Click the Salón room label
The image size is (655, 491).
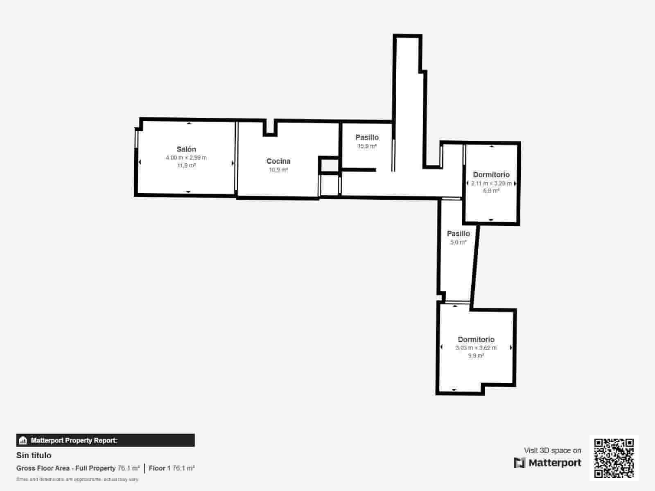186,149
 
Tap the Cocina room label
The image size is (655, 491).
278,161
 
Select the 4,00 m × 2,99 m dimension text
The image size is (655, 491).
186,158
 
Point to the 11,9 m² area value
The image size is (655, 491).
186,165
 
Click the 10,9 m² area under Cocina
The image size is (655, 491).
278,170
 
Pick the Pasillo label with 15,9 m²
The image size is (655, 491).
367,137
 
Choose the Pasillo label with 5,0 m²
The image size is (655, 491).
458,234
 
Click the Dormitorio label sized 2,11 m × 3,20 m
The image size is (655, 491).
491,175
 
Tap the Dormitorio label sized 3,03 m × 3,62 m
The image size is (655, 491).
476,340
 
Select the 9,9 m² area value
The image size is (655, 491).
476,356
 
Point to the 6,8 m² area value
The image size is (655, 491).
491,191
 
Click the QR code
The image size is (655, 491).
614,458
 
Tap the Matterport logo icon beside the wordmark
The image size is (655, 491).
519,463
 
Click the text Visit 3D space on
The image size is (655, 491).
552,450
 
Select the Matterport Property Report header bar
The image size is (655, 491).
105,440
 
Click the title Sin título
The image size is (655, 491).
34,455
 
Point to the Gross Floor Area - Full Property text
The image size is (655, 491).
66,468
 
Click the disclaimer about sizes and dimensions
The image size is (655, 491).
77,479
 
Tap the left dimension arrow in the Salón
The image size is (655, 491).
140,162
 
